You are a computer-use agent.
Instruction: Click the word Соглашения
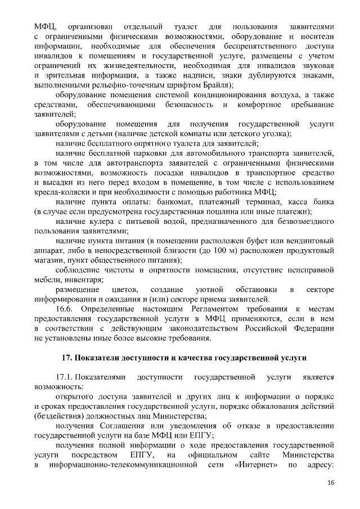(x=112, y=425)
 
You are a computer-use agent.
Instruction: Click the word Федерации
(x=308, y=328)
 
